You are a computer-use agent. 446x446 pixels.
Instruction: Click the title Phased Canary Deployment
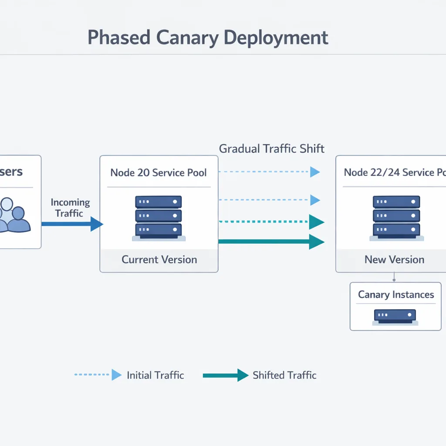pos(208,37)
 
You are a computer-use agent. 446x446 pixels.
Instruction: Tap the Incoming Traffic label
pos(70,208)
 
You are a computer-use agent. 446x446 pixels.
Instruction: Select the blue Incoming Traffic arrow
pos(72,224)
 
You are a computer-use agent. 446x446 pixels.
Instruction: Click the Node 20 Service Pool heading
pos(159,172)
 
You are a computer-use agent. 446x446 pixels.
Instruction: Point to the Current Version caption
pos(159,260)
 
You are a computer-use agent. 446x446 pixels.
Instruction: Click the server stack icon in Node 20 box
pos(159,218)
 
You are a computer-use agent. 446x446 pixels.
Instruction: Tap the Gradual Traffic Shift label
pos(271,149)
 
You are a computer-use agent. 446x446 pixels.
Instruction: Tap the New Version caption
pos(394,260)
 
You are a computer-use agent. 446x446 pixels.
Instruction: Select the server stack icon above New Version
pos(396,218)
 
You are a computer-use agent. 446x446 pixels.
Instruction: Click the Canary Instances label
pos(396,295)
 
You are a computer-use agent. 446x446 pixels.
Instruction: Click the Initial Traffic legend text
pos(155,375)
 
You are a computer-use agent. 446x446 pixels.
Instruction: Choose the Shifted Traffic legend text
pos(284,375)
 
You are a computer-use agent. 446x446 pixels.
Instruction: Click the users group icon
pos(13,214)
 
